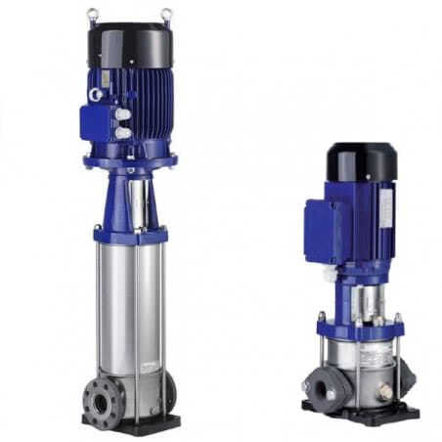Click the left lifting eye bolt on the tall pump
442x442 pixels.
(92, 14)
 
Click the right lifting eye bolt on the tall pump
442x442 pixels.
(167, 14)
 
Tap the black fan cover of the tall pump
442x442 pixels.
(130, 44)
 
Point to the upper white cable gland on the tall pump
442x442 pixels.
(122, 113)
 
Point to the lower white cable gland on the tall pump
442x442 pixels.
(122, 129)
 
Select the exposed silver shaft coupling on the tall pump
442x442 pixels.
(138, 200)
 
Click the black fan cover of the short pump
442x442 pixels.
(361, 161)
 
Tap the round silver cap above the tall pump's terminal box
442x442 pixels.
(96, 95)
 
